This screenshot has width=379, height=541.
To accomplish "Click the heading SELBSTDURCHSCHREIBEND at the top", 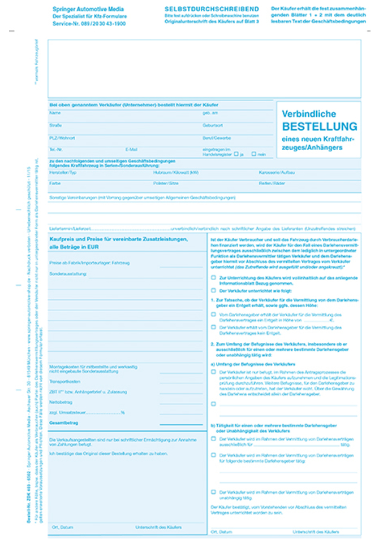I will click(212, 9).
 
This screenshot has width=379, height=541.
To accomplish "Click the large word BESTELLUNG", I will click(320, 126).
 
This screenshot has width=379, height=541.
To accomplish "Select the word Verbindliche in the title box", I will click(309, 114).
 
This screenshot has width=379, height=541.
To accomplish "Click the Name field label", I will click(55, 113).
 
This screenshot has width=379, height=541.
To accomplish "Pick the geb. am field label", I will click(210, 113).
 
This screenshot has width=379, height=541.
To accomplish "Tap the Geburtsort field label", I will click(213, 125).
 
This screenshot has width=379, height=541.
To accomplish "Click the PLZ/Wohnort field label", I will click(62, 138).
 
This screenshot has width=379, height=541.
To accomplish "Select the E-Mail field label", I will click(131, 150).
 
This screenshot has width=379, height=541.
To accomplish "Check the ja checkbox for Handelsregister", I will click(236, 154).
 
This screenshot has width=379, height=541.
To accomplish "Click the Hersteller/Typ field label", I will click(63, 172).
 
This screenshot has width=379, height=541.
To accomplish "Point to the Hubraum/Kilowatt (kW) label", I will click(175, 172).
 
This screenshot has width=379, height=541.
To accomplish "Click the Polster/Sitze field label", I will click(166, 184).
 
